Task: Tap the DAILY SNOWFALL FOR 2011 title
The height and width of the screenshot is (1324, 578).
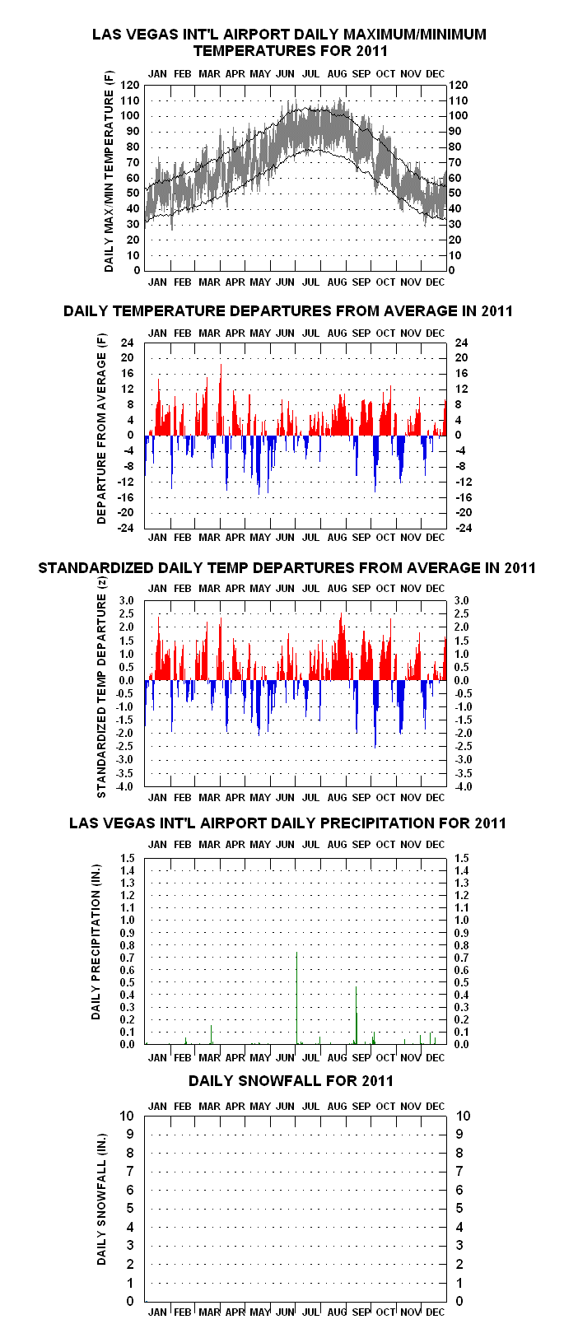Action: [291, 1080]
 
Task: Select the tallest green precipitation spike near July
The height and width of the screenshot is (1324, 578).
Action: [296, 998]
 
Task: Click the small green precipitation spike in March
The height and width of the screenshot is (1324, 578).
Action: [212, 1035]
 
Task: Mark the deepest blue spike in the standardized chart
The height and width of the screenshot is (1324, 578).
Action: [375, 713]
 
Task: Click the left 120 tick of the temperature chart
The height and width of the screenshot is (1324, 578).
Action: [130, 85]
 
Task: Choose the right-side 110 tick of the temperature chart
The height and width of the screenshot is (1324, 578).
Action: [458, 100]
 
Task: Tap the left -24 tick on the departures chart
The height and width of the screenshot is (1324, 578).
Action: [125, 528]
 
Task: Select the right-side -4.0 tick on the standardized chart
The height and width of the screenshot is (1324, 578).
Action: [464, 786]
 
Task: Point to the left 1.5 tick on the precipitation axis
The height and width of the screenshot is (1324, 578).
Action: [127, 858]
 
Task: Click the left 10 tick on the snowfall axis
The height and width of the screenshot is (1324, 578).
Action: [127, 1116]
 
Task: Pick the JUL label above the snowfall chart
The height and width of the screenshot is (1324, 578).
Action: [311, 1106]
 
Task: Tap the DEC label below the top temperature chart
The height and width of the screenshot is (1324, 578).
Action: [436, 282]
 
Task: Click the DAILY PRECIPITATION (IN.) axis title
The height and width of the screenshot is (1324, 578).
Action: [96, 942]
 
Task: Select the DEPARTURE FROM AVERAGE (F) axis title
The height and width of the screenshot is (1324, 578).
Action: [101, 428]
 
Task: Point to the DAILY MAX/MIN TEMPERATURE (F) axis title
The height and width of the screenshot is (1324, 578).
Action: [109, 171]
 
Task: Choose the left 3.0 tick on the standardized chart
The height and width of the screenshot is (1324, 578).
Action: [127, 600]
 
